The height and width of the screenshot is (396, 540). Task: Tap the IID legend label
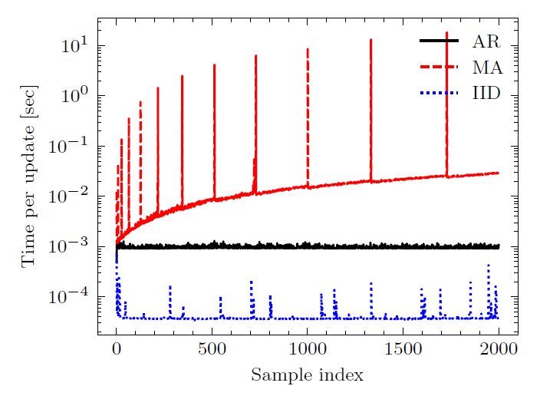click(x=486, y=94)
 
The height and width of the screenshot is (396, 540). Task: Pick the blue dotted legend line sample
click(x=438, y=94)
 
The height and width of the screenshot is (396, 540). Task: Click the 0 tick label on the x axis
click(x=117, y=350)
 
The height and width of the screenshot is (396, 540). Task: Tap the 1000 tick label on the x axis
click(x=308, y=350)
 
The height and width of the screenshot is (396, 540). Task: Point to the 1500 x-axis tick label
click(x=403, y=350)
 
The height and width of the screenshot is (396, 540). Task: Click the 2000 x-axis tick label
click(x=499, y=350)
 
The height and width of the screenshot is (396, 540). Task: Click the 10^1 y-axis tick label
click(x=75, y=44)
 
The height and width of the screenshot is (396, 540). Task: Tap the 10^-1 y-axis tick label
click(x=71, y=144)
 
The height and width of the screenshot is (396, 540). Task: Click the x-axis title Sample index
click(x=307, y=375)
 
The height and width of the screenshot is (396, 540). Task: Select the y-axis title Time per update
click(x=28, y=183)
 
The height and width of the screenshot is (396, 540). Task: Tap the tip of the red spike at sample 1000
click(x=308, y=49)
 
